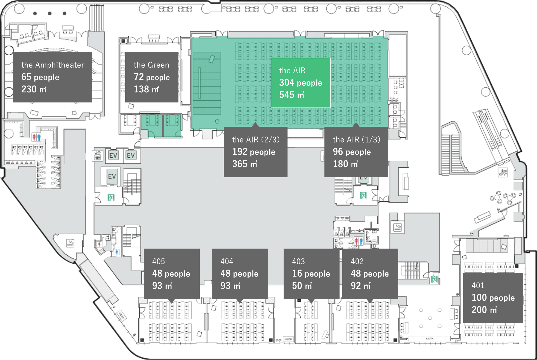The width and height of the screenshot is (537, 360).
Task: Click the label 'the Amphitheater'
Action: click(53, 65)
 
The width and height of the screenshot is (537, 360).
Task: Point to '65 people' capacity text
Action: click(40, 77)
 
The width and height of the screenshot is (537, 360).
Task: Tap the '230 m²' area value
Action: click(34, 89)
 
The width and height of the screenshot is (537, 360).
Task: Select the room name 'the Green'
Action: click(151, 65)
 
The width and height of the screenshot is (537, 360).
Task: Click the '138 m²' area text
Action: click(146, 89)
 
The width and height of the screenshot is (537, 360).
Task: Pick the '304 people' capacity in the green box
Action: click(301, 83)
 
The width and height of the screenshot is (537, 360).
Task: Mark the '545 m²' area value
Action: click(291, 95)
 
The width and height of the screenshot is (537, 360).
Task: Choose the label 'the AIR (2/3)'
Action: click(256, 139)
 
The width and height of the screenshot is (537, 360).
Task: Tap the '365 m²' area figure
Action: click(244, 164)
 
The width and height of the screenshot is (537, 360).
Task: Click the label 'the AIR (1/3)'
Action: click(356, 139)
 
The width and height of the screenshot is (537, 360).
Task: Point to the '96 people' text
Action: click(352, 152)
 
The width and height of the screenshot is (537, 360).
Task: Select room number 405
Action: click(158, 261)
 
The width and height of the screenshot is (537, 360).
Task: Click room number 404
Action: click(227, 261)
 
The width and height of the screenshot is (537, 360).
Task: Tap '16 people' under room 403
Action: click(311, 273)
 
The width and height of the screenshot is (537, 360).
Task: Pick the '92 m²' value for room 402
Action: click(361, 286)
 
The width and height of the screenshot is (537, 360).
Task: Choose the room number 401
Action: click(478, 286)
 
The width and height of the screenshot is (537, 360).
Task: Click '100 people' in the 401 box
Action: click(493, 298)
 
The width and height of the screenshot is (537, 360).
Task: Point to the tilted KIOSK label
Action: click(121, 315)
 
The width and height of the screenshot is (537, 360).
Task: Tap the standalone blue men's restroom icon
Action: click(117, 252)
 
